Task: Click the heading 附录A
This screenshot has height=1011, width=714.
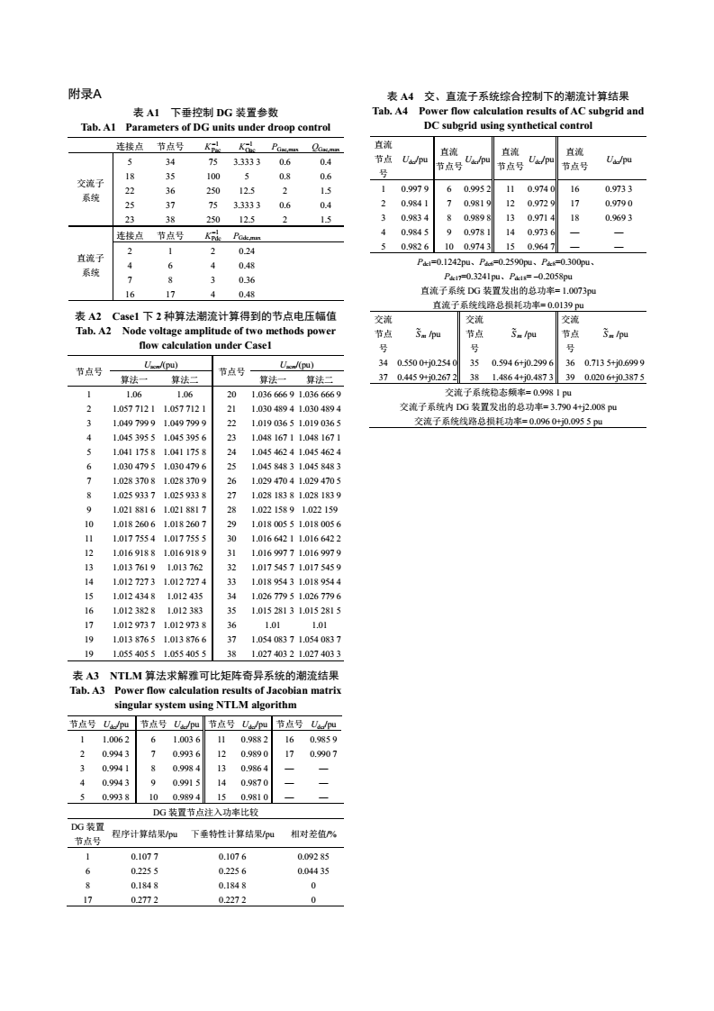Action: [x=86, y=94]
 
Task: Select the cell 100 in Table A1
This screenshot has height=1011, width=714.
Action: [x=213, y=176]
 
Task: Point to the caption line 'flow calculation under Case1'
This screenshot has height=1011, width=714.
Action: [x=205, y=345]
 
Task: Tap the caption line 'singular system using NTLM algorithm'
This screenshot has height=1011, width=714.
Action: [x=205, y=704]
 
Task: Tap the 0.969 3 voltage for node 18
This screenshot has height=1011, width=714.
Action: [x=619, y=217]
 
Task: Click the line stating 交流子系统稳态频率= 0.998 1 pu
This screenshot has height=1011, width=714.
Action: [x=509, y=392]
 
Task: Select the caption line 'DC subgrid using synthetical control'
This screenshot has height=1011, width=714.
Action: [x=508, y=124]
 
